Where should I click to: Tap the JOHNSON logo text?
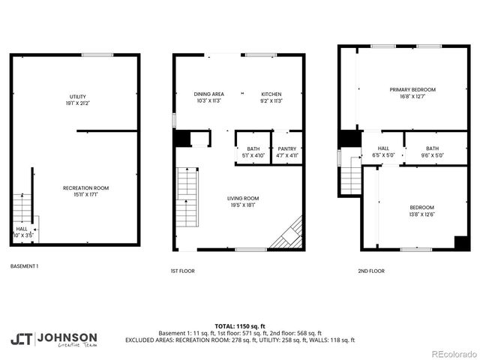pos(67,337)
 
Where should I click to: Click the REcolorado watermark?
pos(452,353)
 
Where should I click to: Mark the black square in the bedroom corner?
pos(462,242)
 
